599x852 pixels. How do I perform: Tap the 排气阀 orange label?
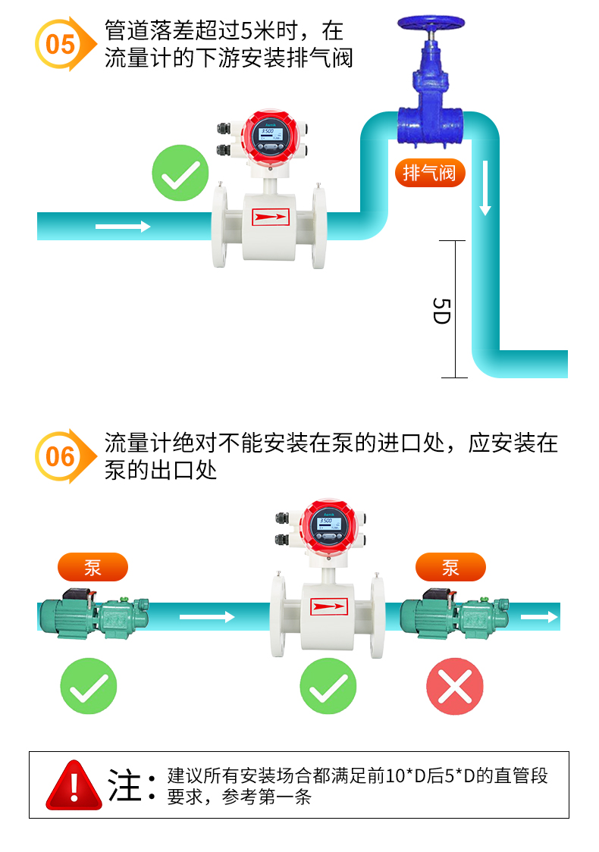pos(429,173)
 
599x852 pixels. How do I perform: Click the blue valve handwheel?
pos(429,20)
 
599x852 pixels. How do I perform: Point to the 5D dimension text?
pos(441,310)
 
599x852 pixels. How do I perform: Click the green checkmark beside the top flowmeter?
pos(180,174)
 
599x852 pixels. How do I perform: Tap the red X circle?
pos(454,687)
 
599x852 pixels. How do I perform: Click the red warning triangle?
pos(74,785)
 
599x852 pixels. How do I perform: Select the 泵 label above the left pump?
pos(93,567)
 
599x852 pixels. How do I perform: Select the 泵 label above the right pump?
pos(450,567)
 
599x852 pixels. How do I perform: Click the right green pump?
pos(453,611)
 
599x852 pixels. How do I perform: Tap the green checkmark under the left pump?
pos(89,687)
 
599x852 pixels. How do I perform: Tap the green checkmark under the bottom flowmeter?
pos(328,687)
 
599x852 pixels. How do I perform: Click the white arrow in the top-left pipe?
pos(123,227)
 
